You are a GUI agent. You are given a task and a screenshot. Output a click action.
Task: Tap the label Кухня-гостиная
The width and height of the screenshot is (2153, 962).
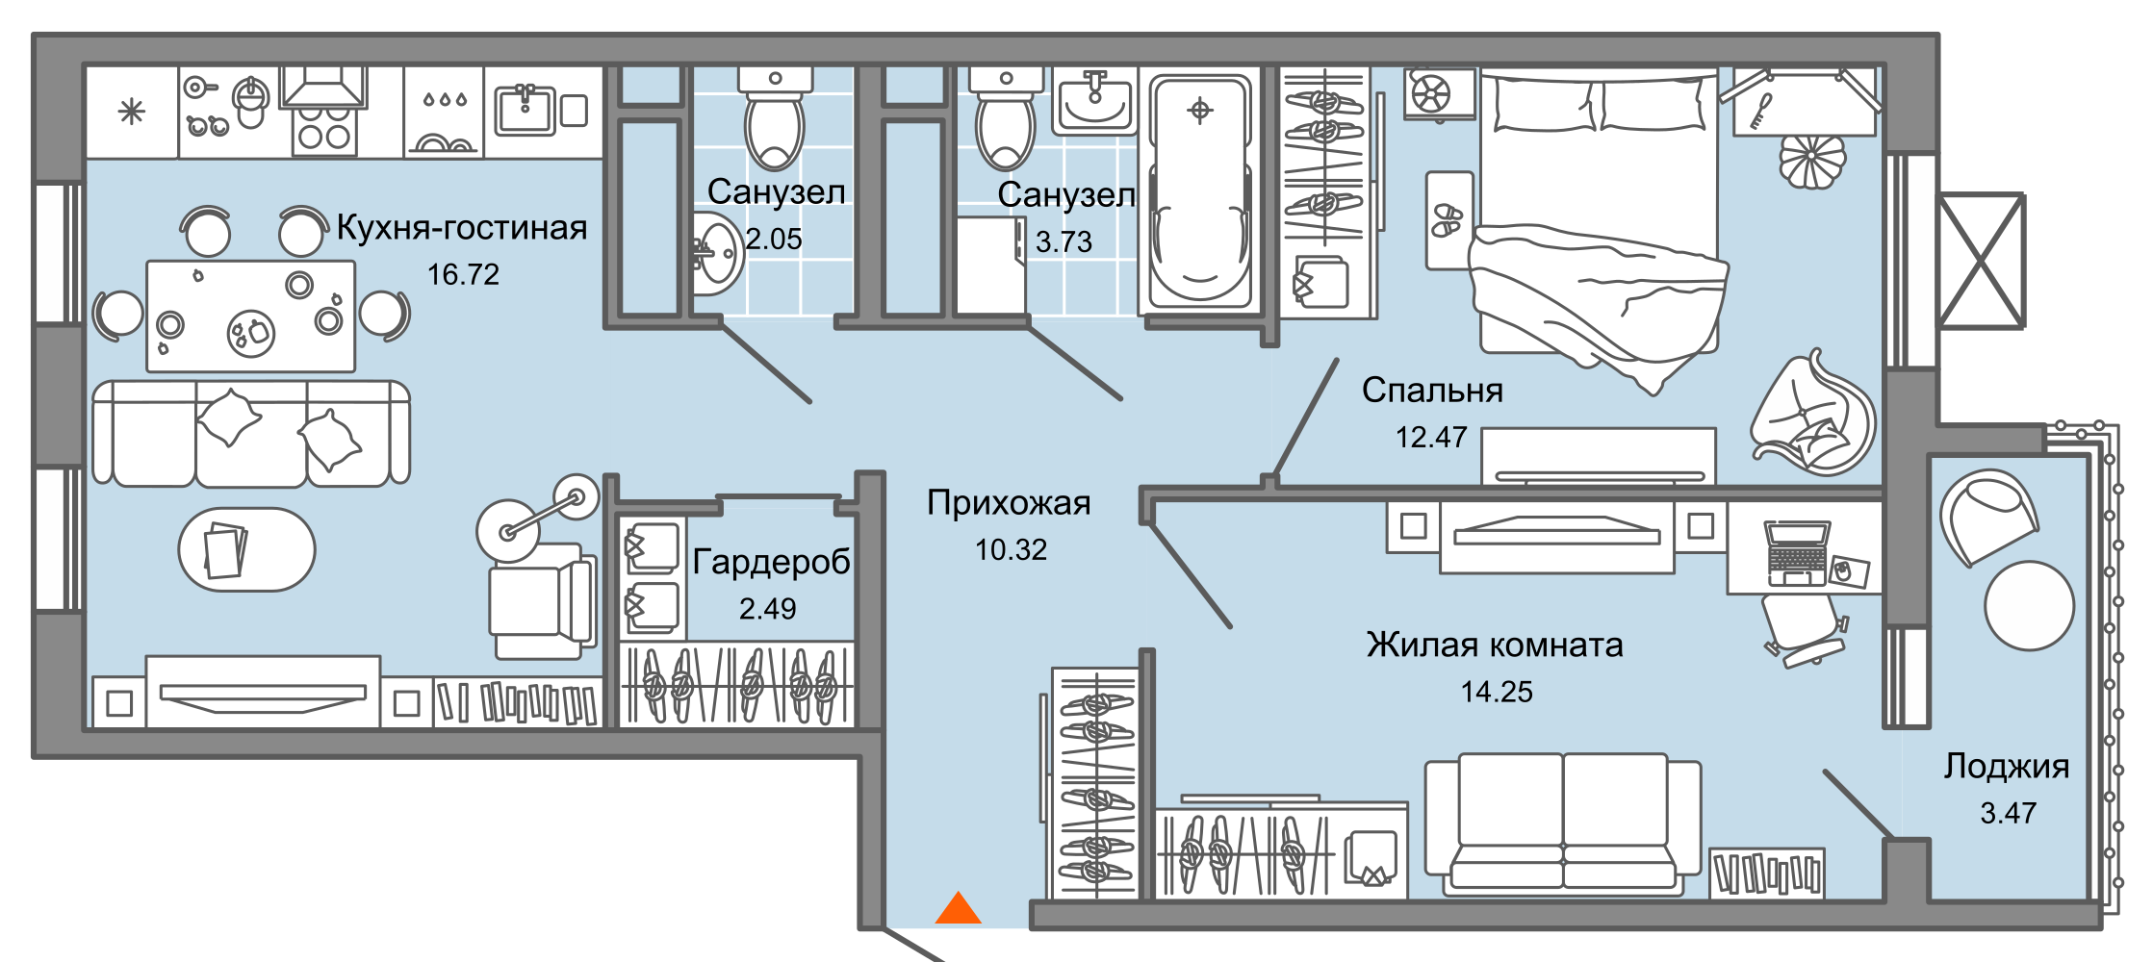click(461, 228)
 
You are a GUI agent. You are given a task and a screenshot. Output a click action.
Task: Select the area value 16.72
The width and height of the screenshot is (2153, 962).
click(463, 275)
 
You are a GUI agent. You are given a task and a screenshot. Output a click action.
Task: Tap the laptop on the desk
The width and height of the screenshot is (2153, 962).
click(1796, 554)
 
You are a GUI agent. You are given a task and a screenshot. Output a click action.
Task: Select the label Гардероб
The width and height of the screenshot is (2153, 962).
click(771, 562)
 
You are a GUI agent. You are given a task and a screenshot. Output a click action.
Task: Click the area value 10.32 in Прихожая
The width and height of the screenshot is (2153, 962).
click(1011, 550)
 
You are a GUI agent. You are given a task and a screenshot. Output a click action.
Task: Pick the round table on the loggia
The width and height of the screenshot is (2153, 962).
click(2029, 606)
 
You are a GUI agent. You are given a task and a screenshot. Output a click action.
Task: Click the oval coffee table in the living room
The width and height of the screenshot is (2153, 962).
click(246, 550)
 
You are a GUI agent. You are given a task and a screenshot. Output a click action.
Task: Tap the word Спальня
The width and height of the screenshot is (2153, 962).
click(1432, 391)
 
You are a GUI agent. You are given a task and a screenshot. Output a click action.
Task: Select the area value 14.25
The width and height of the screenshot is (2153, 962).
click(1497, 692)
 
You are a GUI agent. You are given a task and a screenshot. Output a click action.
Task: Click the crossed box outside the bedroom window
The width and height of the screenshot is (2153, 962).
click(1981, 261)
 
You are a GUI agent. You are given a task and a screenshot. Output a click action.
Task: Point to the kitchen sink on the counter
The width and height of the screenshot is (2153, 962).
click(525, 111)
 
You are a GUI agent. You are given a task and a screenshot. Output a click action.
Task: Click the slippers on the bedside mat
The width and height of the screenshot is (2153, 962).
click(1447, 220)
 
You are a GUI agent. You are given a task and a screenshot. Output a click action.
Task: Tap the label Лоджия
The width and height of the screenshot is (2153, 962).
click(2007, 767)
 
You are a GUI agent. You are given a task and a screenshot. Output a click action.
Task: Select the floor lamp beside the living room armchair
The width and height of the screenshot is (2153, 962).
click(537, 515)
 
